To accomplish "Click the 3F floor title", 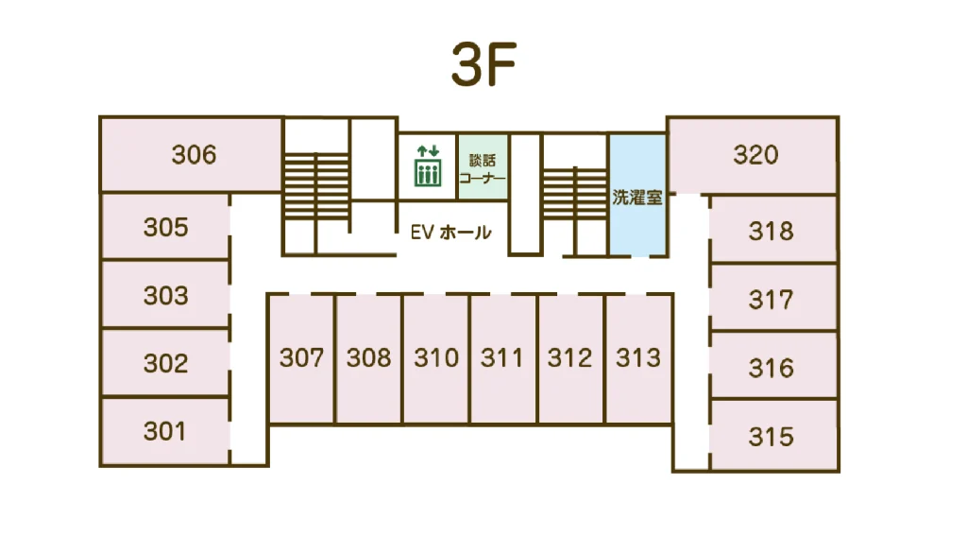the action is pyautogui.click(x=483, y=64).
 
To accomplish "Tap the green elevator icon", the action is pyautogui.click(x=428, y=166).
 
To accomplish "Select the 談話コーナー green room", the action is pyautogui.click(x=483, y=166).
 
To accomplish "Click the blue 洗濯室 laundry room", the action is pyautogui.click(x=637, y=195).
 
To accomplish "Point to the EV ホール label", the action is pyautogui.click(x=450, y=232).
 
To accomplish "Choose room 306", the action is pyautogui.click(x=191, y=155).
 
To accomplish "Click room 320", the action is pyautogui.click(x=753, y=155).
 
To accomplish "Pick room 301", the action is pyautogui.click(x=165, y=431).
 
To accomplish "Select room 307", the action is pyautogui.click(x=301, y=358).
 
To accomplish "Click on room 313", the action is pyautogui.click(x=638, y=358).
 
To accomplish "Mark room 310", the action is pyautogui.click(x=436, y=358).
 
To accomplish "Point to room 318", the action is pyautogui.click(x=773, y=230).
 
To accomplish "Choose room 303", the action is pyautogui.click(x=165, y=295).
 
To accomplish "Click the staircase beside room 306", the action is pyautogui.click(x=316, y=186).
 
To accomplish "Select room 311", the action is pyautogui.click(x=502, y=358).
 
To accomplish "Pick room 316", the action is pyautogui.click(x=773, y=367).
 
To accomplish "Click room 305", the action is pyautogui.click(x=165, y=227).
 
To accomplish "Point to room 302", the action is pyautogui.click(x=165, y=363).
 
